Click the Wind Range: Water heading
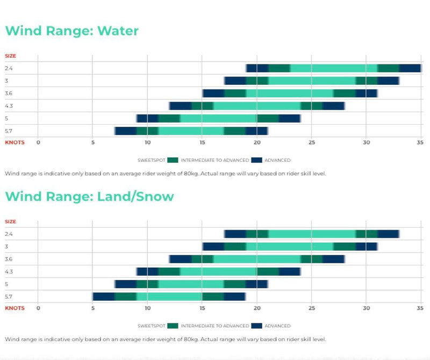pos(72,31)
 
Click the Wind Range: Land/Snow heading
pos(90,197)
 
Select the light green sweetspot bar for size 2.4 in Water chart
pos(333,68)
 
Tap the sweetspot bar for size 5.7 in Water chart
pos(191,131)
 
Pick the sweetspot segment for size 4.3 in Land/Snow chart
pos(218,271)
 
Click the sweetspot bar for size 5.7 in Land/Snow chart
pos(169,296)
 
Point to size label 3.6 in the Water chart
pos(9,93)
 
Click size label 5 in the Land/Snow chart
pos(6,284)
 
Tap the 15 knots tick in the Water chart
pos(202,143)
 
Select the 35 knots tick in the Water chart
pos(420,143)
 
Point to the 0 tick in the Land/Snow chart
pos(38,308)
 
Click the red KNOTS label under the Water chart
pos(15,143)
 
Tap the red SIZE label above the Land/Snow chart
pos(10,221)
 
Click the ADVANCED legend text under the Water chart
pos(277,160)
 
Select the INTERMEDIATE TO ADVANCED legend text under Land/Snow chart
pos(215,326)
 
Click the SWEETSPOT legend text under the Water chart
pos(151,160)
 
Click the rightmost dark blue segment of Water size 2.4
pos(410,68)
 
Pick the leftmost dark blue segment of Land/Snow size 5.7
pos(104,296)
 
